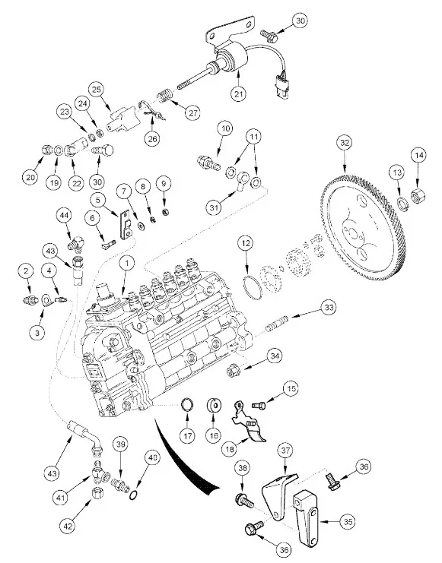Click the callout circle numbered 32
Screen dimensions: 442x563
click(x=345, y=143)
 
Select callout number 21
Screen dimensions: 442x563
click(x=238, y=94)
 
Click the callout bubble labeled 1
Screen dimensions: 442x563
click(x=126, y=263)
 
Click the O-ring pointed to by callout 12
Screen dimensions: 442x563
click(x=252, y=287)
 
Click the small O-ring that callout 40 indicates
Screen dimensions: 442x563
click(x=132, y=496)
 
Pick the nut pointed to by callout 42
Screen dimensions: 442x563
click(x=98, y=495)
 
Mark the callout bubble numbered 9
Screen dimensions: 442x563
click(x=164, y=184)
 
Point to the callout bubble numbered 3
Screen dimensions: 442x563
click(x=37, y=332)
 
